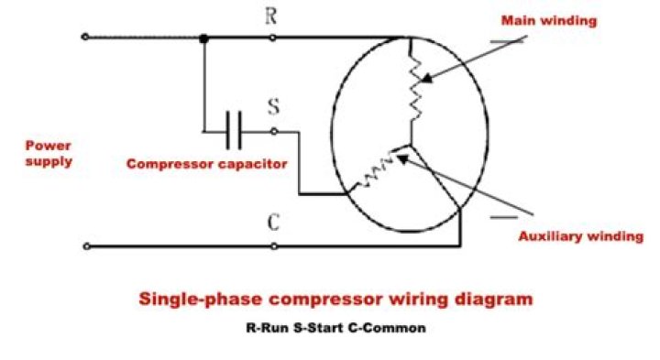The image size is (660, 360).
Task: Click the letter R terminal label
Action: (272, 16)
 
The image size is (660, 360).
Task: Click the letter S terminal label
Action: (273, 106)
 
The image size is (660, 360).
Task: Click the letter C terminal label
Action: (273, 224)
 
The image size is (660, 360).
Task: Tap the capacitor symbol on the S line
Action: (234, 131)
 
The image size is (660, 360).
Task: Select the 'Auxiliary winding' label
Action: (580, 236)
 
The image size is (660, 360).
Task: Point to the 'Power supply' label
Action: (49, 154)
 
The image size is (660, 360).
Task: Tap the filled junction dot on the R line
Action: (203, 38)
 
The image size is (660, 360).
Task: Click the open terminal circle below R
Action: (273, 38)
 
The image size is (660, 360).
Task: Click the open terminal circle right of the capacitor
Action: (273, 131)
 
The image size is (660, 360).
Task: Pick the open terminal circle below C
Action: (273, 246)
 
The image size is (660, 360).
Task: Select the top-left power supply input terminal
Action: (85, 38)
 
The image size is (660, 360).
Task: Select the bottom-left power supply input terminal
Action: (85, 246)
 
